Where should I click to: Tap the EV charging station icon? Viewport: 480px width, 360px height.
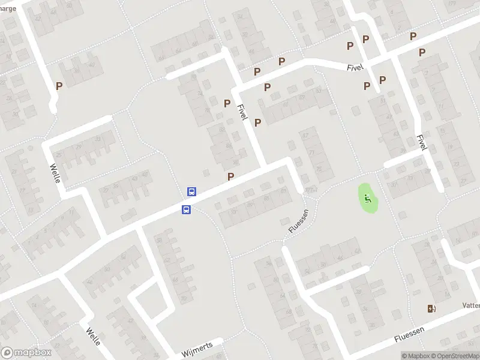(431, 309)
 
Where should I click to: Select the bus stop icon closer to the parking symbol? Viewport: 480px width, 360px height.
(191, 192)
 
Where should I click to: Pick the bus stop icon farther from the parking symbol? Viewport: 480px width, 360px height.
(187, 209)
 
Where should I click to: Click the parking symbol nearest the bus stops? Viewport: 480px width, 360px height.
(230, 177)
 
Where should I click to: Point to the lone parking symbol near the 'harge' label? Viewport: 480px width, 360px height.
(59, 86)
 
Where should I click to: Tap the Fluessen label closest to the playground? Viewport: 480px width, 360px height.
(298, 221)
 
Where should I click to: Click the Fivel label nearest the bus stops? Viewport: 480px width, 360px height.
(242, 112)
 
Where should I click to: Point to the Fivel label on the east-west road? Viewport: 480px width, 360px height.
(355, 68)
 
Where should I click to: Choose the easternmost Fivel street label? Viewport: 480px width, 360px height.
(421, 142)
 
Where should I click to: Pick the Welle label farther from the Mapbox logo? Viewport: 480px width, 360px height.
(55, 173)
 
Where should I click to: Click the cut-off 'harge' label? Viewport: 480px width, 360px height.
(8, 8)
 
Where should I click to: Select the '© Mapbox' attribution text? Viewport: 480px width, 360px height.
(416, 356)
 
